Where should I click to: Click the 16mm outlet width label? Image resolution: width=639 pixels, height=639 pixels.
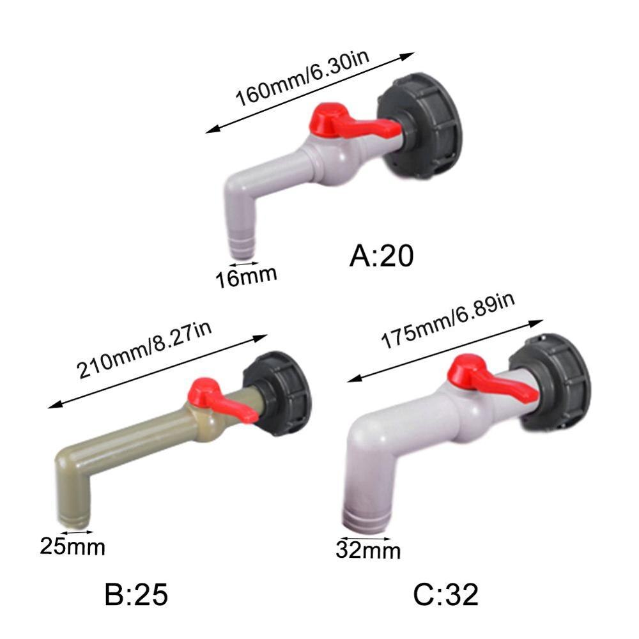pos(245,277)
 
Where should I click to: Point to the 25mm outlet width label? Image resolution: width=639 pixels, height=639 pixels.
pos(72,546)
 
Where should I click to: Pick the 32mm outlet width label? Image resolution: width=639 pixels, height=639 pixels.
pos(369,550)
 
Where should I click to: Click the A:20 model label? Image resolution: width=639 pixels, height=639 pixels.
pos(381,256)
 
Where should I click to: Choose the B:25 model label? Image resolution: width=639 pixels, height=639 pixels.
pos(136,595)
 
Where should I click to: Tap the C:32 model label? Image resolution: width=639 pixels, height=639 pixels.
pos(445,595)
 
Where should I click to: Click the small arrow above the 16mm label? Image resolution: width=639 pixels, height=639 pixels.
pos(244,263)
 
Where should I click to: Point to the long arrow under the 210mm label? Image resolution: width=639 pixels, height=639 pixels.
pos(157,371)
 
